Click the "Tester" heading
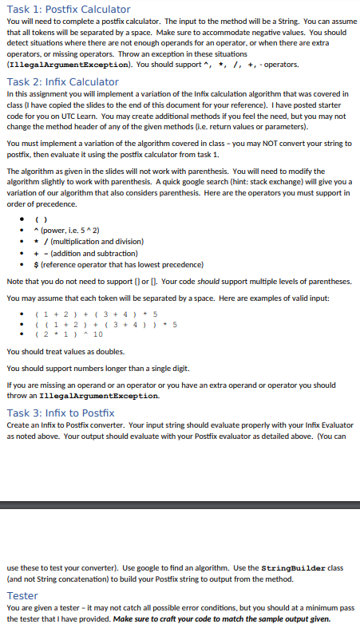point(22,595)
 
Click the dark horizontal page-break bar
point(180,504)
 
